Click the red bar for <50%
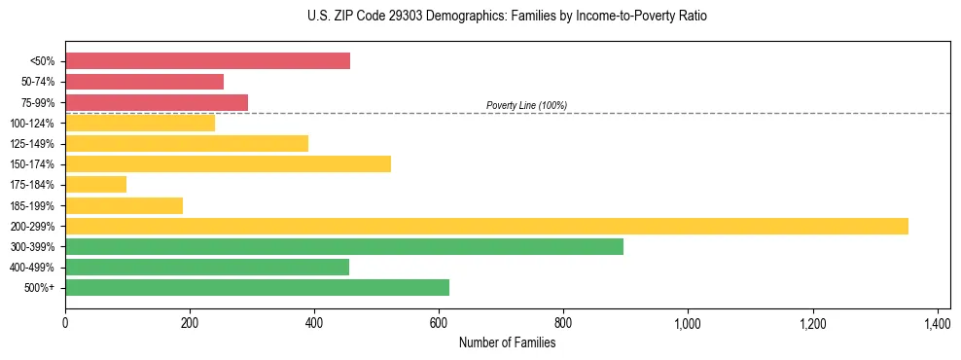[207, 61]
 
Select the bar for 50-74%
[144, 82]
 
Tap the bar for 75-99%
[157, 102]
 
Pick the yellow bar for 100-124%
[140, 124]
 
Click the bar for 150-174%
[228, 164]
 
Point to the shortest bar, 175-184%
[95, 185]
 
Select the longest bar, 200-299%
[486, 226]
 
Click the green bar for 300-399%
[344, 246]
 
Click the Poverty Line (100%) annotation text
[526, 105]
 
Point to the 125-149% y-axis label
[32, 144]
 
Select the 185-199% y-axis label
[32, 205]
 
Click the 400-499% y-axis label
[32, 268]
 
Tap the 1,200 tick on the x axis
[812, 323]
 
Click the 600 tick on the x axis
[439, 323]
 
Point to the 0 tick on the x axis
[65, 323]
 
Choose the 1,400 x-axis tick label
[937, 323]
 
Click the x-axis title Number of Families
[507, 342]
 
